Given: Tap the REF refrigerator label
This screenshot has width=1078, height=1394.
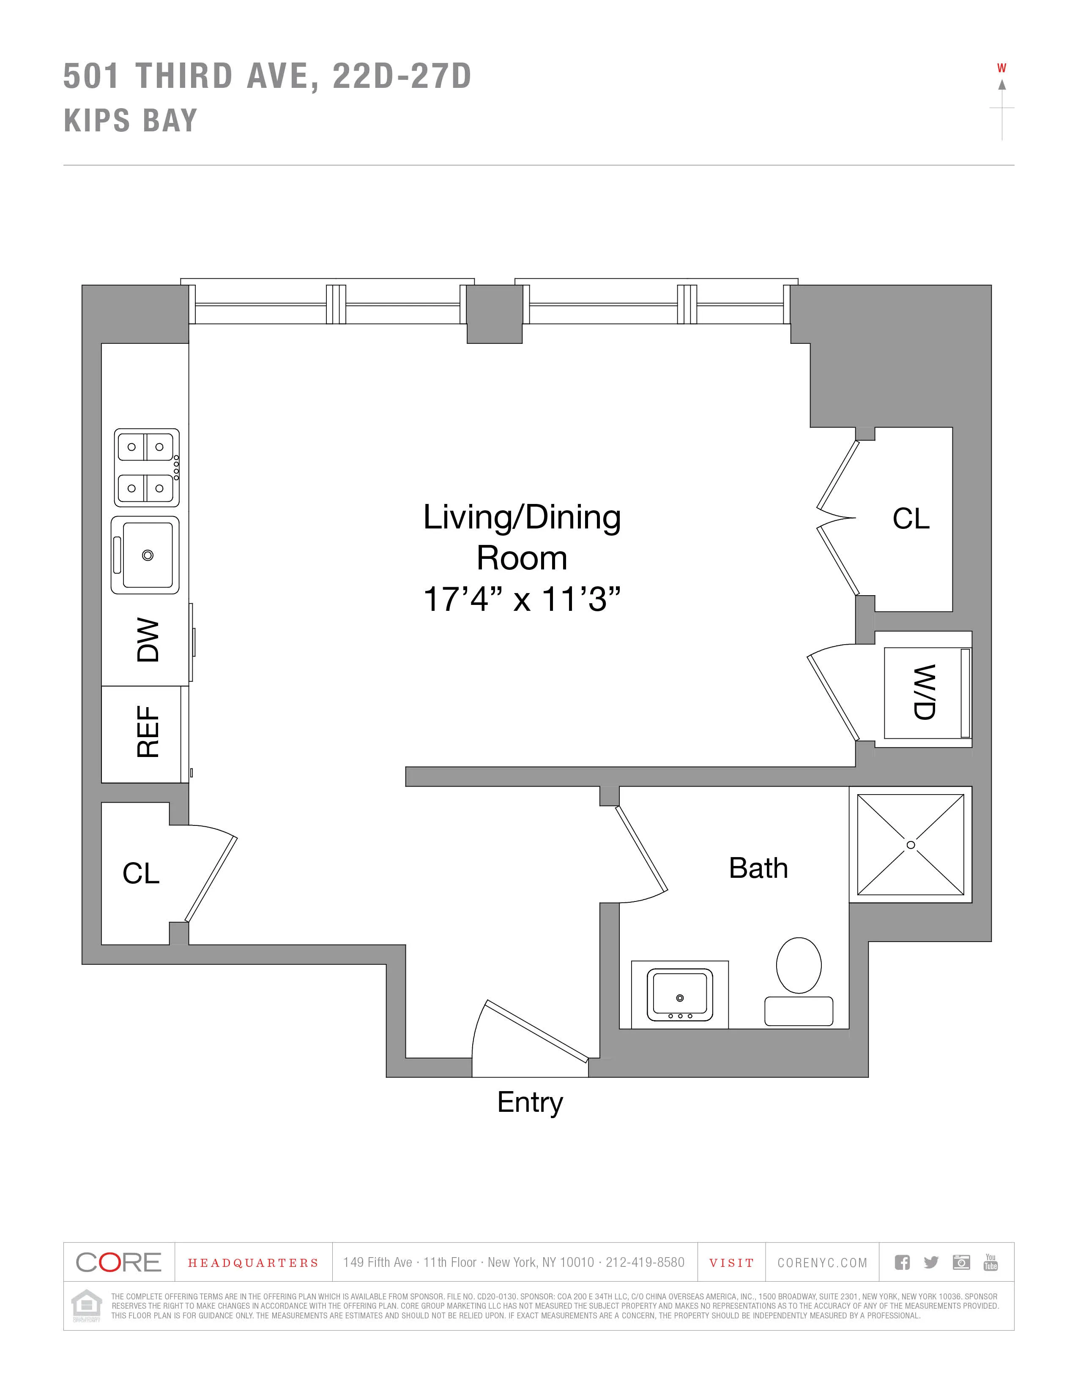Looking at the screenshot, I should (x=148, y=732).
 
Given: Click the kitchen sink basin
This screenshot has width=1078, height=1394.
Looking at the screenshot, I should (x=148, y=555).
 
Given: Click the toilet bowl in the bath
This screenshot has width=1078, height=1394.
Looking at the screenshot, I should (x=798, y=965).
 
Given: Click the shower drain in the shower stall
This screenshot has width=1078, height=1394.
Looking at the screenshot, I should (x=911, y=845).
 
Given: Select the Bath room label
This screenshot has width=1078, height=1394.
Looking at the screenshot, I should (x=758, y=868).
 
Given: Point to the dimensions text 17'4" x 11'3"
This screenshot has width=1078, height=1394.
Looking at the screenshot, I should (x=522, y=599).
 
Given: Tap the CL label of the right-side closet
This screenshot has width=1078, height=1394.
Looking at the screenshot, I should (x=911, y=518).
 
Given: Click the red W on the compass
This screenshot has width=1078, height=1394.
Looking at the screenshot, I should (x=1001, y=68).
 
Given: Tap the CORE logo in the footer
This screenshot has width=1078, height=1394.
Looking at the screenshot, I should (x=119, y=1262).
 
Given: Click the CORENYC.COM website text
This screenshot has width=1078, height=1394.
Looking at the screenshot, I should (x=822, y=1263).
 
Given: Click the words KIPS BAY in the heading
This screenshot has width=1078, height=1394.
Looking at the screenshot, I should (x=131, y=121).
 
